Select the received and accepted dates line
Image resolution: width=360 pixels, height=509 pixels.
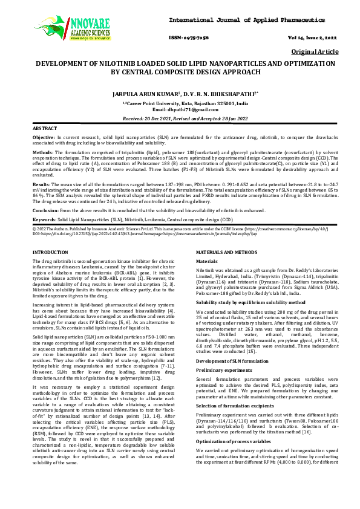pos(180,118)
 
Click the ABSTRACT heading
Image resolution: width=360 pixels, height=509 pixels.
pos(44,129)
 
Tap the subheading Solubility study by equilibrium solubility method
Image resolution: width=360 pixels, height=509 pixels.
pos(251,300)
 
